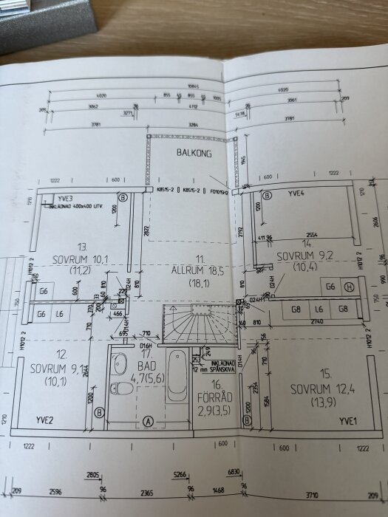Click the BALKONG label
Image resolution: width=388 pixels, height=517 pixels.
point(194,154)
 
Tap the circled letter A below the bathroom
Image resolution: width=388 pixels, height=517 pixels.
point(148,421)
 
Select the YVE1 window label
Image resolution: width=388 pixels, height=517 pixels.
point(348,421)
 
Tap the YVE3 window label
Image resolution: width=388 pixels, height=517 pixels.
point(66,199)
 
